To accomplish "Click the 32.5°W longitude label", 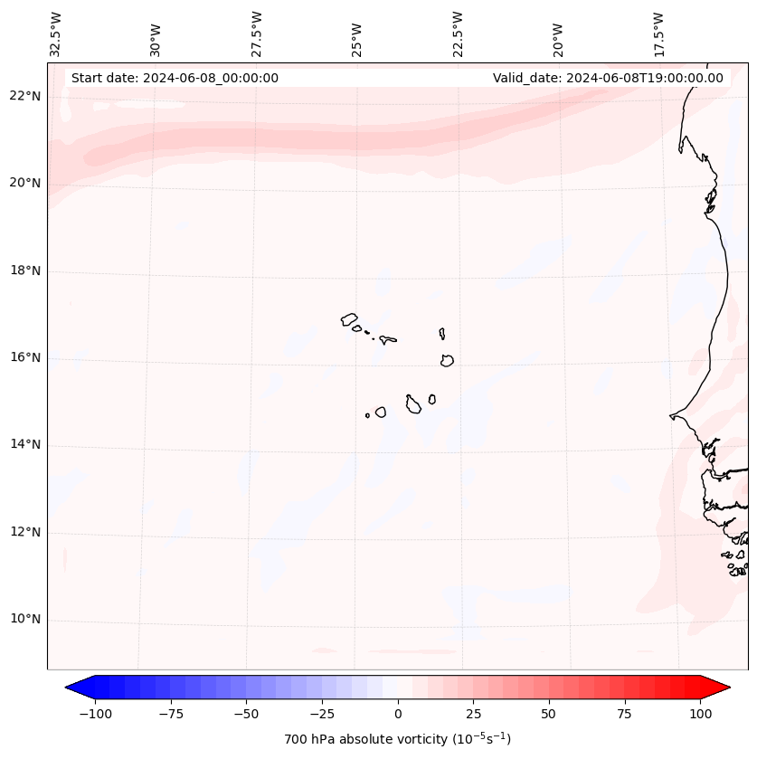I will tap(56, 33).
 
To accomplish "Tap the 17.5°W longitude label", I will tap(658, 33).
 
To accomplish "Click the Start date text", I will tap(175, 78).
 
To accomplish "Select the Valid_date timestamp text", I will tap(608, 78).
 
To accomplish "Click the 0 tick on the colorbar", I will tap(398, 714).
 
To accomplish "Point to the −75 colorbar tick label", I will tap(171, 714).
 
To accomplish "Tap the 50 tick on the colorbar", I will tap(549, 714).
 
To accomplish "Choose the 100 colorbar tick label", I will tap(700, 714).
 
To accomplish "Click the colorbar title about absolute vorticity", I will tap(398, 739).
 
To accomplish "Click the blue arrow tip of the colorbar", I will tap(71, 688).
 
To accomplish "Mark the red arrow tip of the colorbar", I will tap(725, 688).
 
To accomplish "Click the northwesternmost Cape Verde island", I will tap(349, 319).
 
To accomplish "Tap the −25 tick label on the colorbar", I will tap(322, 714).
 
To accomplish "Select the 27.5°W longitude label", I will tap(257, 33).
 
